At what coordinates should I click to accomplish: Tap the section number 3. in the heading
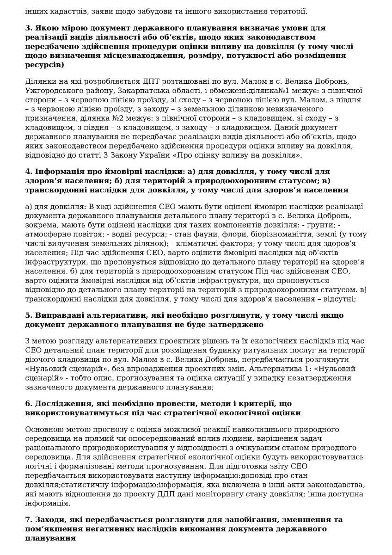tap(29, 27)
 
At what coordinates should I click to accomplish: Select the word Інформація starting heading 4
tap(57, 171)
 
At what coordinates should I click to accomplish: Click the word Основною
tap(43, 430)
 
